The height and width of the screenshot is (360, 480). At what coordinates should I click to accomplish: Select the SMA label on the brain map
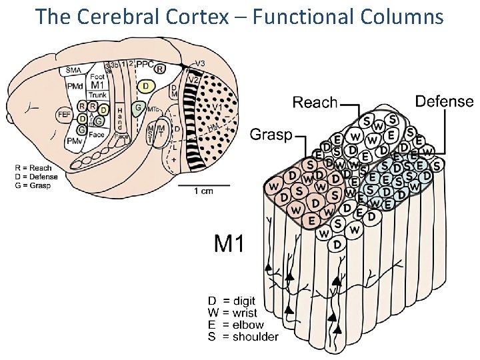(75, 69)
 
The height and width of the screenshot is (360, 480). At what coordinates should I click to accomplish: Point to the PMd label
(75, 86)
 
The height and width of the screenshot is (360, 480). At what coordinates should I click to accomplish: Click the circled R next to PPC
(160, 68)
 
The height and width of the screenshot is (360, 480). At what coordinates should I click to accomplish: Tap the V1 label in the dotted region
(217, 107)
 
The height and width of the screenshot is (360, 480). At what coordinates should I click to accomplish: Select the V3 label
(199, 64)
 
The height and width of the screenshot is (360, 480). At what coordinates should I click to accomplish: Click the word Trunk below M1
(97, 95)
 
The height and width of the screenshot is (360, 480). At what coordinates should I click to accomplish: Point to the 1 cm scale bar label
(203, 191)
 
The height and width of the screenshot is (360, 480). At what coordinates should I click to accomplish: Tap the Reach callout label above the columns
(315, 103)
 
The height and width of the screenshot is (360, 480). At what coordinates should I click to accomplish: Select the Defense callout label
(443, 101)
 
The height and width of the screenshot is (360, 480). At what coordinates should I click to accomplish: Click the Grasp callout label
(271, 135)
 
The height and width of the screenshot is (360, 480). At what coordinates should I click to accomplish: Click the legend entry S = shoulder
(243, 337)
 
